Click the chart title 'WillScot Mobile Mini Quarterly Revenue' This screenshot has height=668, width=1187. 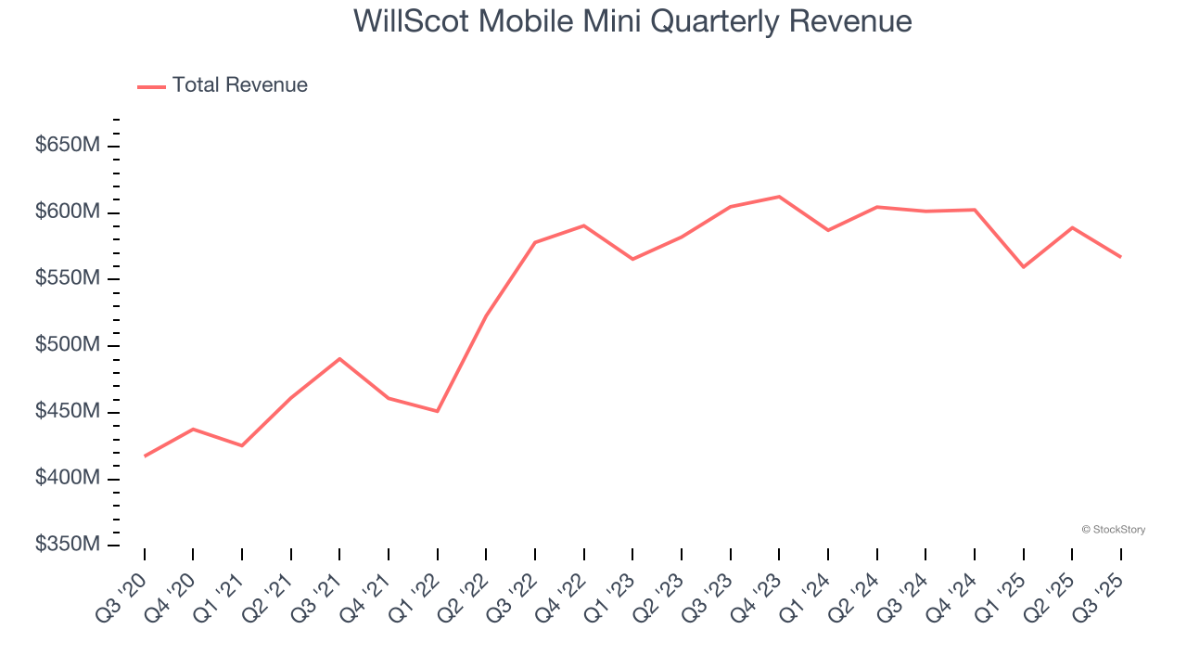coord(632,21)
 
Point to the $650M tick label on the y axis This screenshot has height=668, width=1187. coord(68,146)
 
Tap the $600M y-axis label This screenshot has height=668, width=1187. coord(68,212)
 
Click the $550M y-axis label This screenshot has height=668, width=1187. coord(68,279)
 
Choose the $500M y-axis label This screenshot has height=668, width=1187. coord(68,345)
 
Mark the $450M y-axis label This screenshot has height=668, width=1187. coord(68,412)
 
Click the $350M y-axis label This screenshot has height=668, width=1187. coord(68,545)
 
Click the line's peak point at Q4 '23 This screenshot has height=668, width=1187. coord(779,197)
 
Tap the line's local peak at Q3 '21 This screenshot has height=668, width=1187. coord(339,358)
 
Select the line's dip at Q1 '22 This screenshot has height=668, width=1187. coord(437,411)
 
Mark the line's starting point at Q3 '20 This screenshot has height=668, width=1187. coord(145,456)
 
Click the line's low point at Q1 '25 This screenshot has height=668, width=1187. coord(1023,267)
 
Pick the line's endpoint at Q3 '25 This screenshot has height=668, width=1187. coord(1120,257)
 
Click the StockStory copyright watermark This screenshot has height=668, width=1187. coord(1113,530)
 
